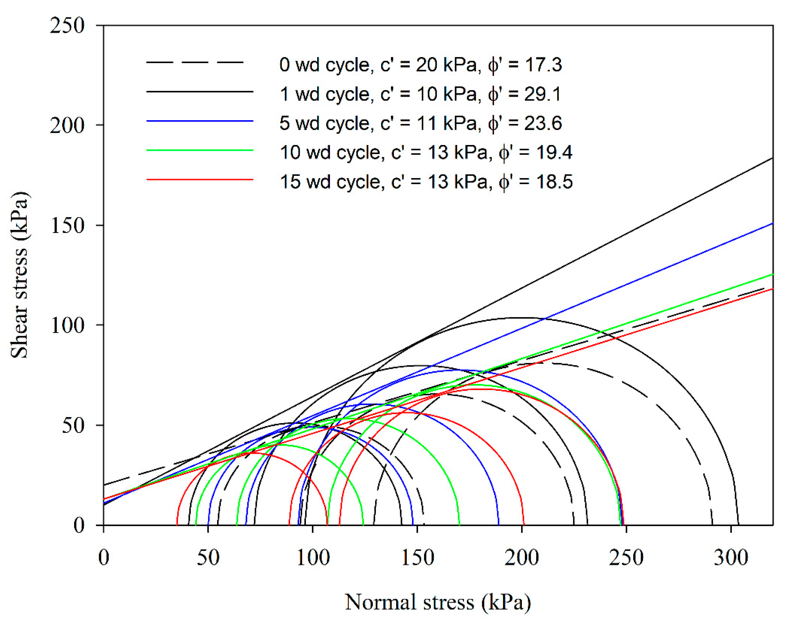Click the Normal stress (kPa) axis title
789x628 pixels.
click(438, 602)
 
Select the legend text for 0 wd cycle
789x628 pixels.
click(420, 65)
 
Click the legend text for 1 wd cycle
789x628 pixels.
click(420, 94)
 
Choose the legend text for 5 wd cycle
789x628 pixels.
click(420, 123)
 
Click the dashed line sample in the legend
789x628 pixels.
click(195, 63)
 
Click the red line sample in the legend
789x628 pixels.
click(200, 179)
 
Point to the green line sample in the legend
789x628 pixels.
click(200, 150)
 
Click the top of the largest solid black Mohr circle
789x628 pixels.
click(522, 318)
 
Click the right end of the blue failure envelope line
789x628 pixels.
click(771, 224)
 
